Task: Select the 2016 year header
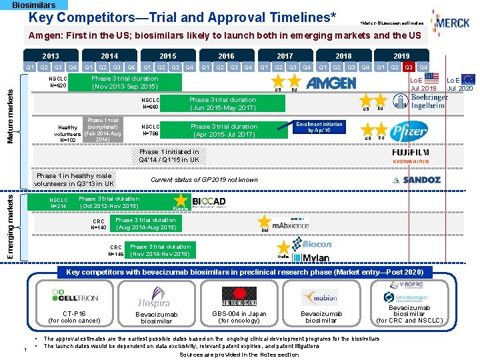coord(226,57)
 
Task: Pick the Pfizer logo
coord(408,131)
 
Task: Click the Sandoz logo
coord(416,179)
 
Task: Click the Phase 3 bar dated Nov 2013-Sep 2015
coord(125,83)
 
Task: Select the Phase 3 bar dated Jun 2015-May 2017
coord(223,104)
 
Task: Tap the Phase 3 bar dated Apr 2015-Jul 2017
coord(224,130)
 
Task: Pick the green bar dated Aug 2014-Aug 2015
coord(145,223)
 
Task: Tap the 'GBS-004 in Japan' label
coord(239,314)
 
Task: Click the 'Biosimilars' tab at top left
coord(34,5)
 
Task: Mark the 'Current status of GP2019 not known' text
coord(205,179)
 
